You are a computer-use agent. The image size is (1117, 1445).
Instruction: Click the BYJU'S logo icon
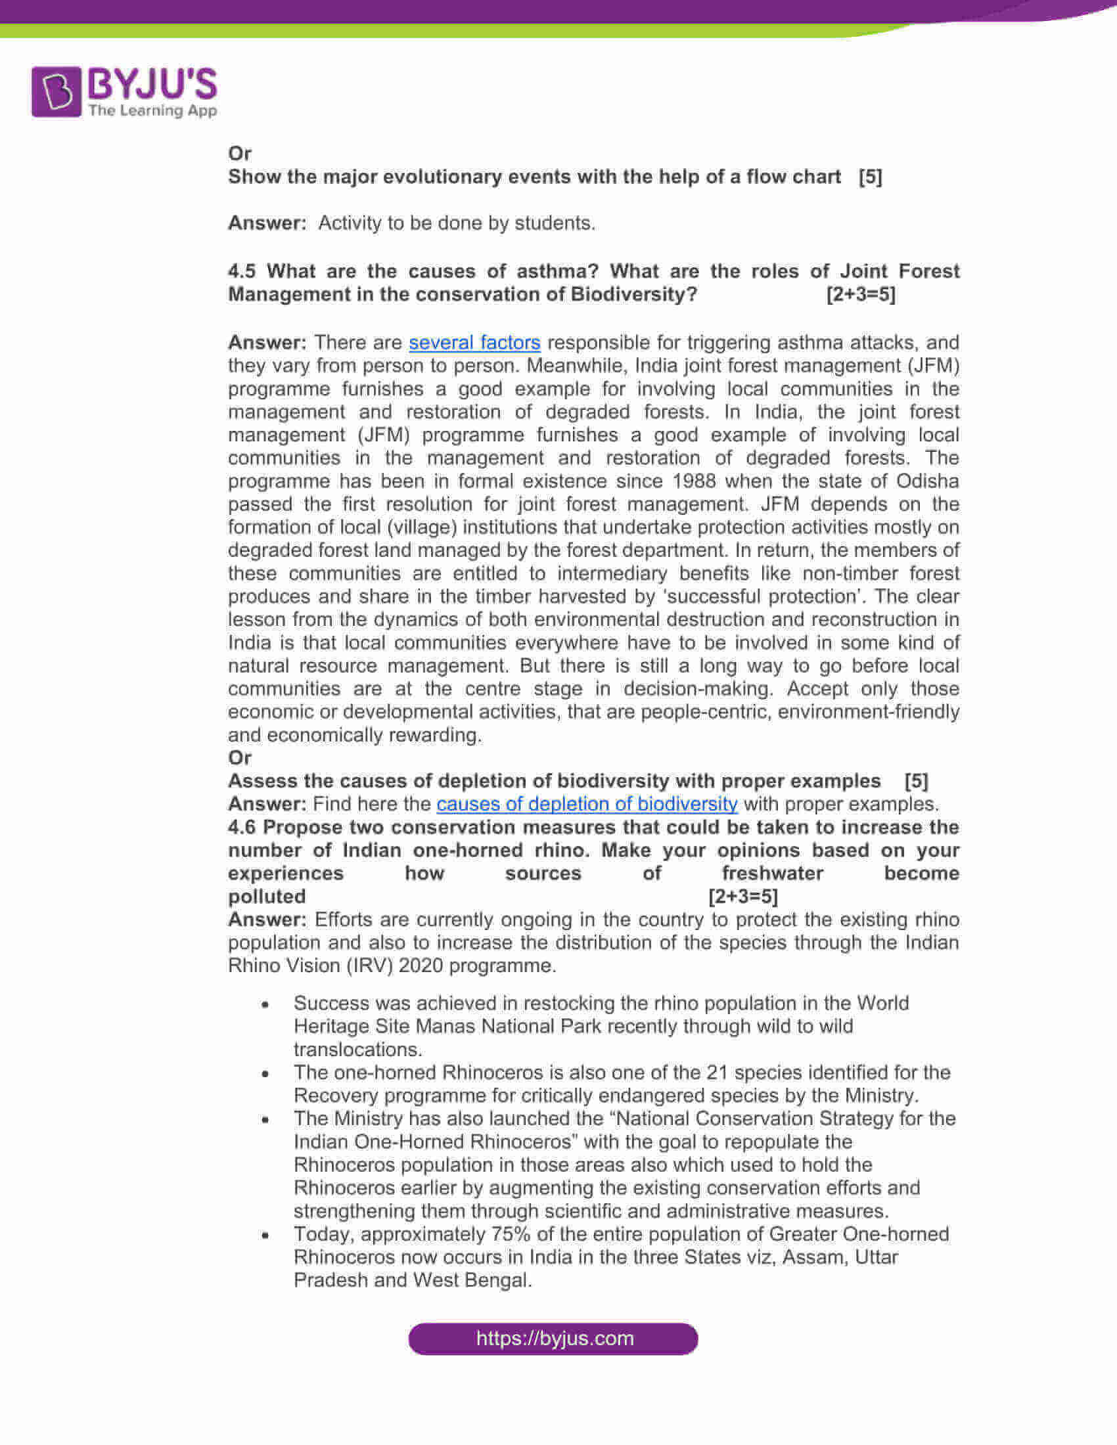pyautogui.click(x=57, y=91)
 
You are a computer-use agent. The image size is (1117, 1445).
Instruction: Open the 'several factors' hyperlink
pyautogui.click(x=474, y=343)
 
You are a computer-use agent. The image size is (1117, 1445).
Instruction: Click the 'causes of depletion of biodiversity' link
pyautogui.click(x=587, y=804)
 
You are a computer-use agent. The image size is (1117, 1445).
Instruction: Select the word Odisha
pyautogui.click(x=927, y=481)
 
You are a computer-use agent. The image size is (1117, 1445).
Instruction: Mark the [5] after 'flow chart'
pyautogui.click(x=870, y=177)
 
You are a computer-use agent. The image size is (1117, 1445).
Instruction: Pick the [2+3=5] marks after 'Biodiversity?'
pyautogui.click(x=861, y=294)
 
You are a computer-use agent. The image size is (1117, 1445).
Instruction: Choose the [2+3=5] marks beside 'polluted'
pyautogui.click(x=743, y=897)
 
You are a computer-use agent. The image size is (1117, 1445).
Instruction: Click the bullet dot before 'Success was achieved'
pyautogui.click(x=265, y=1004)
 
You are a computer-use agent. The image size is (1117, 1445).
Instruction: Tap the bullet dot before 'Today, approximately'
pyautogui.click(x=265, y=1235)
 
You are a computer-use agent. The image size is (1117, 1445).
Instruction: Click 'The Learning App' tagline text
pyautogui.click(x=153, y=110)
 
